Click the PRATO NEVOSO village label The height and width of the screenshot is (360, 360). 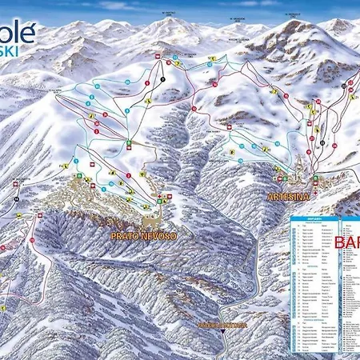[144, 237]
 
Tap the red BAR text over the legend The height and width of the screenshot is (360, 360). [346, 242]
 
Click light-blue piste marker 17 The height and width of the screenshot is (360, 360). [254, 146]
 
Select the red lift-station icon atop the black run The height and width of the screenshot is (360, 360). [158, 56]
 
